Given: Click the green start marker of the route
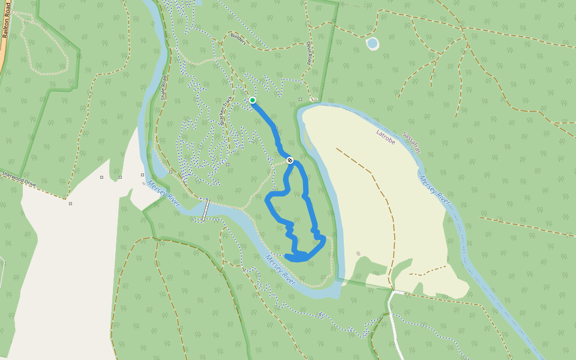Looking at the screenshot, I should tap(253, 100).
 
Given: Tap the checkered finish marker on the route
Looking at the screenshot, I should tap(290, 160).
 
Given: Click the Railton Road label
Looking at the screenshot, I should tap(8, 24).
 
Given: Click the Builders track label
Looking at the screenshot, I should tap(238, 38).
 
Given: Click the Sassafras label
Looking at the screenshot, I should tap(412, 143).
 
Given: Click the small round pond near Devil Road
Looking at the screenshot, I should tap(373, 43).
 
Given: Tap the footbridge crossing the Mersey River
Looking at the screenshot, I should tap(206, 210).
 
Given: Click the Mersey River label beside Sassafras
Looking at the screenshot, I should tap(434, 189).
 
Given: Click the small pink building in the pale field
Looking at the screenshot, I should tap(358, 253).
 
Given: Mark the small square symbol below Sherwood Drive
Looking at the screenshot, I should tap(70, 204).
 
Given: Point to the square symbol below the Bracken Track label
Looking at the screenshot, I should tap(227, 164).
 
